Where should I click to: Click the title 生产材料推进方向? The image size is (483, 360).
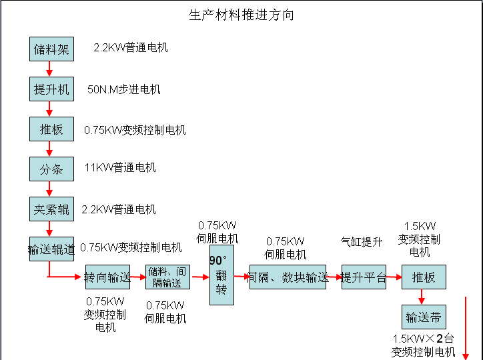(x=241, y=15)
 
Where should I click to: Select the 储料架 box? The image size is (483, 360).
(x=51, y=49)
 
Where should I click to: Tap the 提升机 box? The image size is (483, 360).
(x=51, y=89)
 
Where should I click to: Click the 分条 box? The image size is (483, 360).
(x=51, y=169)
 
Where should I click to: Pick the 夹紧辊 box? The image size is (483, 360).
(x=51, y=209)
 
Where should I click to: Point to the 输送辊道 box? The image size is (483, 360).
(x=51, y=249)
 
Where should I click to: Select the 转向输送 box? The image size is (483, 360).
(x=107, y=277)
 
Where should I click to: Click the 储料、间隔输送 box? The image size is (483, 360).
(x=167, y=277)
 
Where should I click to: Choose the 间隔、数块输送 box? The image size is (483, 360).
(x=289, y=277)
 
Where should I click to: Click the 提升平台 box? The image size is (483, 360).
(x=364, y=277)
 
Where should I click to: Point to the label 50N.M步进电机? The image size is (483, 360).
(x=124, y=89)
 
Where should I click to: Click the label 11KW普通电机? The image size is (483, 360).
(x=120, y=167)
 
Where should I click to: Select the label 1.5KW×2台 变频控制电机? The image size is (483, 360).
(x=424, y=345)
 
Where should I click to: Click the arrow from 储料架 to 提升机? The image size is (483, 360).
(x=49, y=69)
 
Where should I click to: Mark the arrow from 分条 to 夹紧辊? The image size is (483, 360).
(x=49, y=189)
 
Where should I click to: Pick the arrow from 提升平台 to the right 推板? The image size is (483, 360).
(x=394, y=277)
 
